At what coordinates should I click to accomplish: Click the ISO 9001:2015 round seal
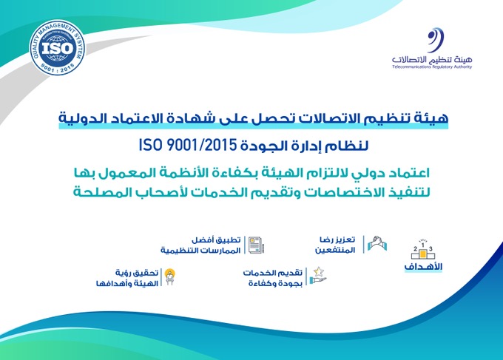[x=57, y=48]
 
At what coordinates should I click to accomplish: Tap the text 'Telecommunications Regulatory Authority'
[x=432, y=67]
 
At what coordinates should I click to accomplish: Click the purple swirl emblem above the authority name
[x=435, y=40]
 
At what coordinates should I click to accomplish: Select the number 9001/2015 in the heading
[x=202, y=145]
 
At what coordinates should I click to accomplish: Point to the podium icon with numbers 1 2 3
[x=423, y=250]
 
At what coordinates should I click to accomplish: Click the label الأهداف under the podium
[x=423, y=267]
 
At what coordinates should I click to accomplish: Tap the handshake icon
[x=377, y=243]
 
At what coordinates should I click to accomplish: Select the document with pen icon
[x=256, y=245]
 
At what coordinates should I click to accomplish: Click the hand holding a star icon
[x=318, y=276]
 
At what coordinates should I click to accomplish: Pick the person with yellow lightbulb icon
[x=169, y=277]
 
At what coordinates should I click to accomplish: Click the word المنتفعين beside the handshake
[x=335, y=250]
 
